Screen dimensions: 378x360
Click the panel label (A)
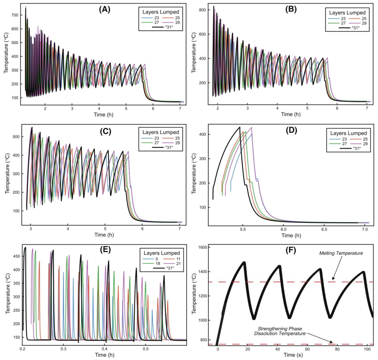pyautogui.click(x=105, y=9)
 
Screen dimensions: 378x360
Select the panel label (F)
pyautogui.click(x=291, y=250)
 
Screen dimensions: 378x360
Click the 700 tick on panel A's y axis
pyautogui.click(x=15, y=15)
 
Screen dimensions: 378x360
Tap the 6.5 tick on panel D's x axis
pyautogui.click(x=324, y=229)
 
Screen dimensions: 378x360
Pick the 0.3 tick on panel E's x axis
pyautogui.click(x=63, y=349)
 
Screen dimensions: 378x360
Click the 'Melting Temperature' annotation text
pyautogui.click(x=341, y=253)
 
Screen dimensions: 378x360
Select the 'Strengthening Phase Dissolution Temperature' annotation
pyautogui.click(x=280, y=331)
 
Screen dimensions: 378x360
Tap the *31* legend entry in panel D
pyautogui.click(x=350, y=148)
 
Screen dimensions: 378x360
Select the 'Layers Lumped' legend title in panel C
pyautogui.click(x=161, y=132)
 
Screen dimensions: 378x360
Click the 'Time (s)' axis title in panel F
pyautogui.click(x=293, y=355)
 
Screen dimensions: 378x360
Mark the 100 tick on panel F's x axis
pyautogui.click(x=367, y=349)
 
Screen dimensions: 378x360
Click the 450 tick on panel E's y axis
pyautogui.click(x=16, y=256)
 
